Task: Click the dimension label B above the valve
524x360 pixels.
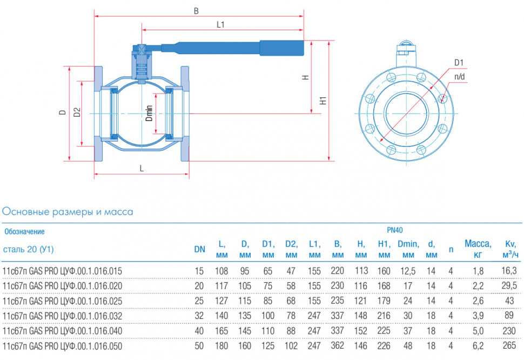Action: pos(196,11)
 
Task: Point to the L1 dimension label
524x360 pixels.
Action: pos(220,24)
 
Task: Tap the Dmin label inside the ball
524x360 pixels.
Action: pos(149,113)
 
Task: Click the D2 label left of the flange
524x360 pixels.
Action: pos(77,112)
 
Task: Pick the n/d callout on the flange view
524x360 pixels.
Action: pos(460,77)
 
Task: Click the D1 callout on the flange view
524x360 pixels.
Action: pos(459,63)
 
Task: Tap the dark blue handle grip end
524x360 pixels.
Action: pos(281,48)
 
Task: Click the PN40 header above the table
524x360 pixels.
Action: pos(395,230)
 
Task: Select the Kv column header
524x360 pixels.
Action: pos(510,249)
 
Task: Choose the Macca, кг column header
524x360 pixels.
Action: pos(478,249)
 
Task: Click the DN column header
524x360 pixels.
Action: pos(199,249)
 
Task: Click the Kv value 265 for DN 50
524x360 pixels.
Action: pos(509,345)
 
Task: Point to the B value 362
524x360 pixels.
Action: pos(337,345)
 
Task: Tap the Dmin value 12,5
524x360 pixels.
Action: pos(408,271)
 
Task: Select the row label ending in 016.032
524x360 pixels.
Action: pos(62,316)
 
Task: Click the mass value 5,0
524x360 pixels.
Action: pos(478,331)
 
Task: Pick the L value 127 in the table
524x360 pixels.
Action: pos(221,301)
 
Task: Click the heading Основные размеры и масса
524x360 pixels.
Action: pos(68,212)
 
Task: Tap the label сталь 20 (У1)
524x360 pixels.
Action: pos(29,249)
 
